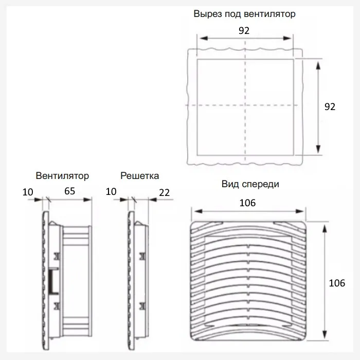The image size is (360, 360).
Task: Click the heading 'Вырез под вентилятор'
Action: pos(244,14)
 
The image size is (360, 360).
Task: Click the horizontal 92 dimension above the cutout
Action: pos(244,30)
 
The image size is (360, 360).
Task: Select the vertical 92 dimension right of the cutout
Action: pos(330,107)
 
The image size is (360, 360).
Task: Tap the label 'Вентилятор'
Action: pos(62,176)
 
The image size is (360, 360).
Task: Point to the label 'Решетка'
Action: pos(139,176)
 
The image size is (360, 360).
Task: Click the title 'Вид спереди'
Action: pos(250,184)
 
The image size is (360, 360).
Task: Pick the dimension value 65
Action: pos(69,191)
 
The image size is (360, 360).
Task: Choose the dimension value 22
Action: pos(165,193)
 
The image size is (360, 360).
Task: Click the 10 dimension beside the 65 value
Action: pos(28,192)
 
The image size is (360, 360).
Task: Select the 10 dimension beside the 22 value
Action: pos(111,192)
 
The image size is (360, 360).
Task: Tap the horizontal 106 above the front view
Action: pos(247,203)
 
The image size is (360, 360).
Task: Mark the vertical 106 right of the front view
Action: pos(337,283)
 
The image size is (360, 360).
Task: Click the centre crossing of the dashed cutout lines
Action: pos(245,105)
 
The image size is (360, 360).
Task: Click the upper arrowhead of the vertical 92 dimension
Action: pos(318,65)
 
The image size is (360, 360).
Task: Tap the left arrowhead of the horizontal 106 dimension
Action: pos(198,211)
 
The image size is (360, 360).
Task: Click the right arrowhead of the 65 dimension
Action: pos(87,200)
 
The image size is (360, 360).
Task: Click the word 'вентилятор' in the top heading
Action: pos(269,14)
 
